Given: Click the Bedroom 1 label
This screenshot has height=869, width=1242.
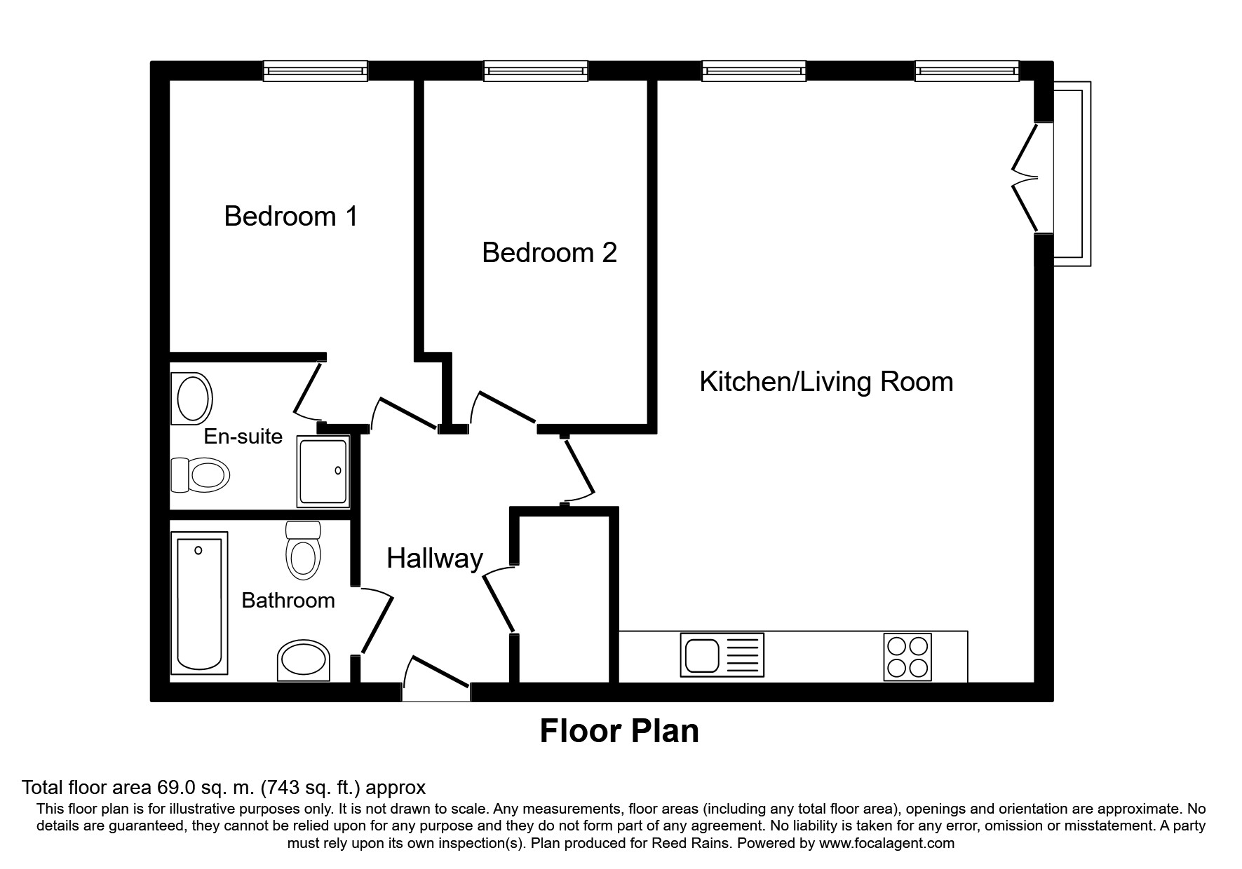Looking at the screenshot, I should coord(290,216).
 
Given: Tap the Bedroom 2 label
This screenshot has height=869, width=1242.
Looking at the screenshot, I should coord(549,252).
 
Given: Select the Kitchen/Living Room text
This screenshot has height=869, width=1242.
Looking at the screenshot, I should coord(826,382).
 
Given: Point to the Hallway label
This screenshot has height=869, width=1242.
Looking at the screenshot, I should coord(435,559).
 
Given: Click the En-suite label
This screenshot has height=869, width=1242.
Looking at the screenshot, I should coord(243,437).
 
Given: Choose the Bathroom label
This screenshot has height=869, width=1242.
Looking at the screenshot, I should coord(288,601).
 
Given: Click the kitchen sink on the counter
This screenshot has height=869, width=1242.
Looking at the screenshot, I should coord(722,655).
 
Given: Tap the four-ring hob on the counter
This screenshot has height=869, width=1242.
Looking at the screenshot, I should coord(907,657).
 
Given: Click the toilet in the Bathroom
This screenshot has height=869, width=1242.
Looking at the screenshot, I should coord(303,552).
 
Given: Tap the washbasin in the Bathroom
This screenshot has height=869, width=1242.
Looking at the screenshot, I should coord(304,660).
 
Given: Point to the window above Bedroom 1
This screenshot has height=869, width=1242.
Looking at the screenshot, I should coord(316,71).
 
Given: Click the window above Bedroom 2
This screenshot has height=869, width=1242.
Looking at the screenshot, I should coord(535,71).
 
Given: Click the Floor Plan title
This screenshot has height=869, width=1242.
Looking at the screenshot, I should coord(619,731).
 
